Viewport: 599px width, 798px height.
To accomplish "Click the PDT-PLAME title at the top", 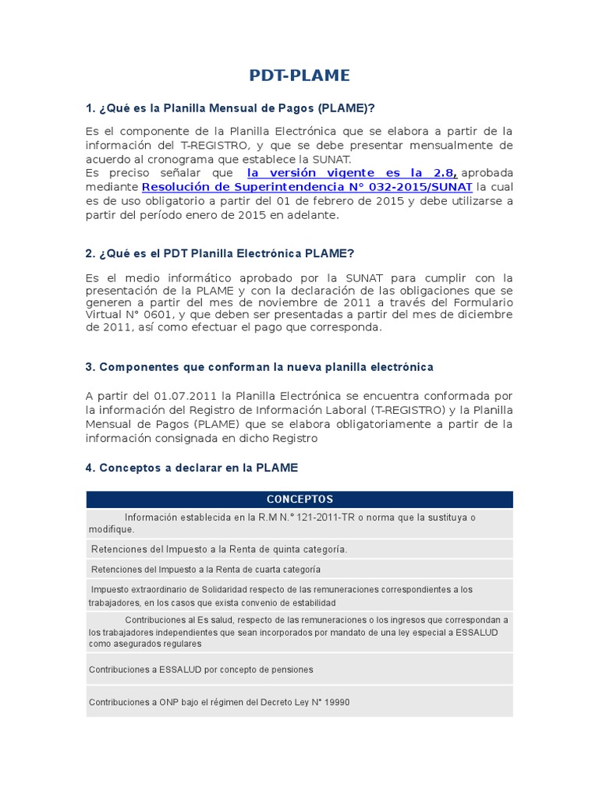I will (299, 76).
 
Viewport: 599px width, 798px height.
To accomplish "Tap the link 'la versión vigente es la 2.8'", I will (350, 173).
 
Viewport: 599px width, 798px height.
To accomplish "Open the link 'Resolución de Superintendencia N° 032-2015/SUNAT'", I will (307, 187).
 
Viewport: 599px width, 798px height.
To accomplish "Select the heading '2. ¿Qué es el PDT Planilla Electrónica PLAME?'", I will (220, 254).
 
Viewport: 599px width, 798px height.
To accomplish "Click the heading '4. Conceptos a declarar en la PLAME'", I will (192, 468).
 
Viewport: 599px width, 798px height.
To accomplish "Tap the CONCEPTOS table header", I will (299, 500).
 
